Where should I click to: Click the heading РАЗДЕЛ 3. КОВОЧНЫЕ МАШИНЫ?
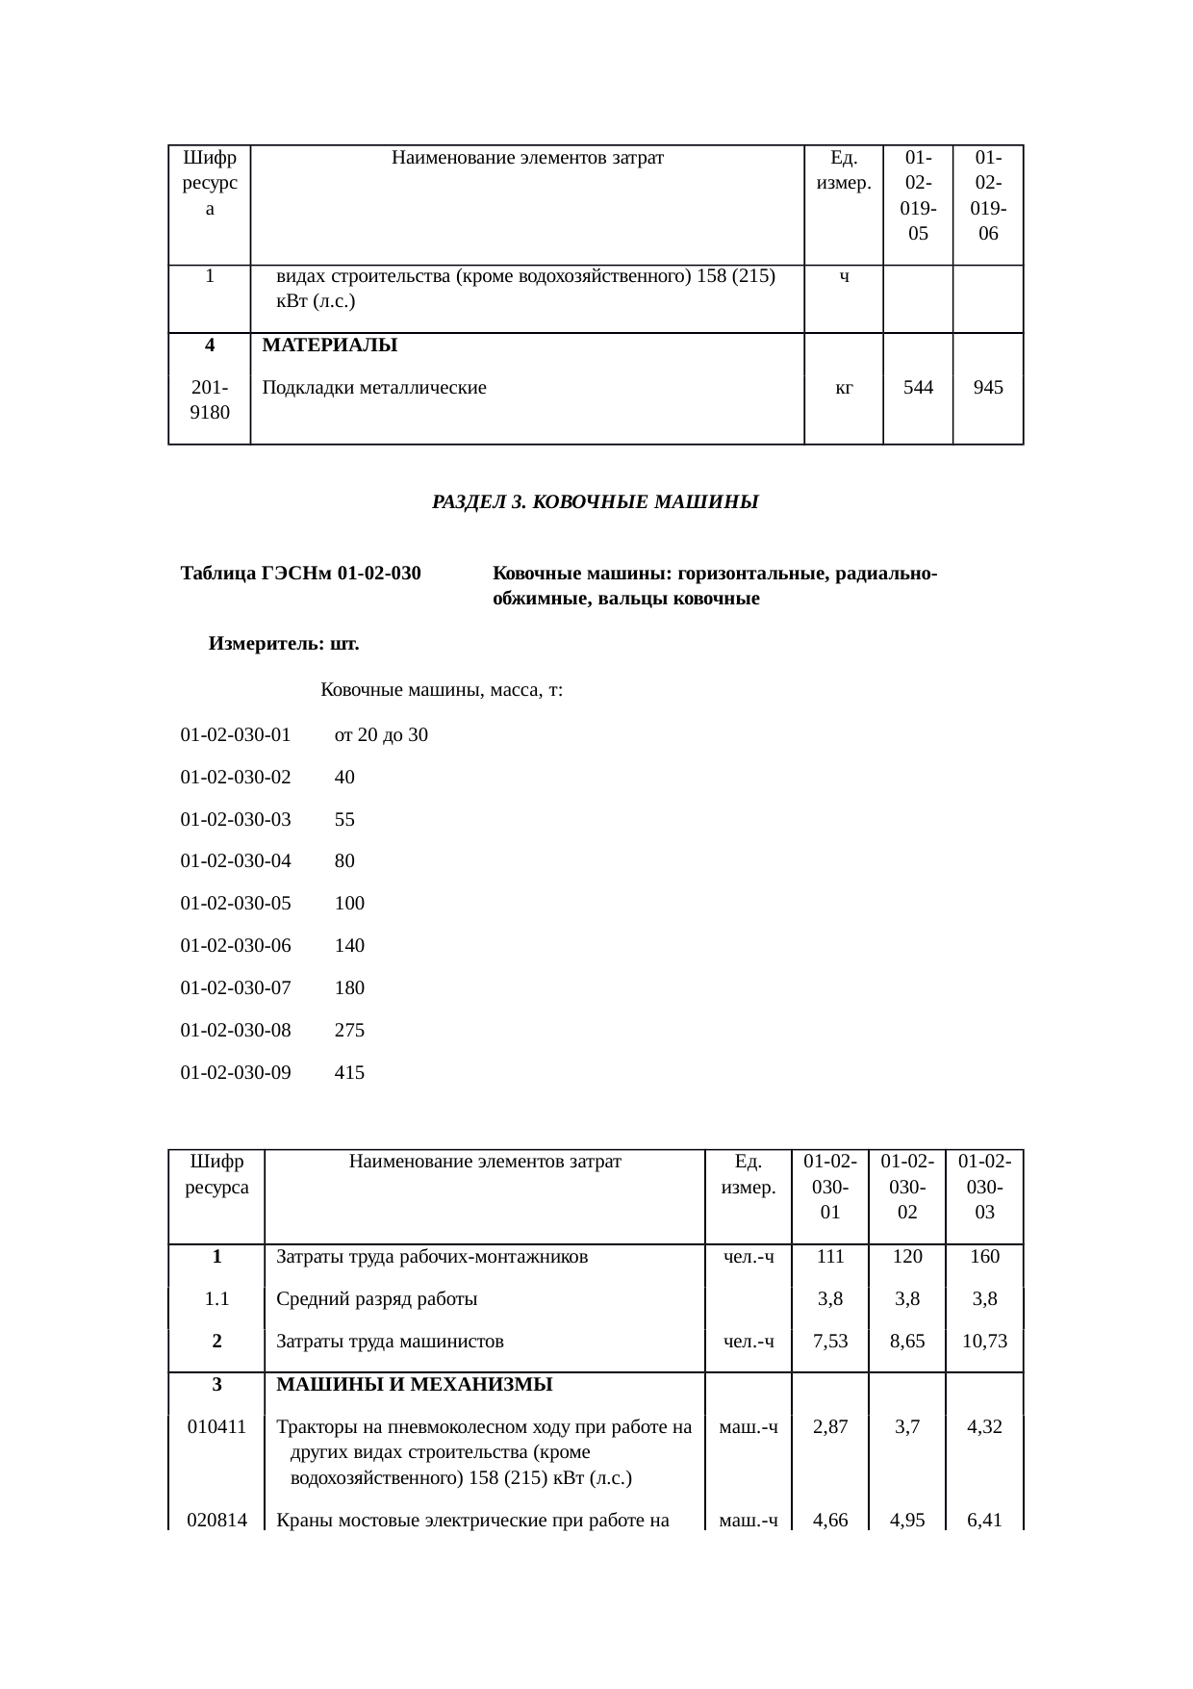[595, 502]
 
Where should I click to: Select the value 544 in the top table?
[918, 388]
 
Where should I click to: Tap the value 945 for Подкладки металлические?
[988, 388]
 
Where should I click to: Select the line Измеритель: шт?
[284, 645]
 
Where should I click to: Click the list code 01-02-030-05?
[236, 904]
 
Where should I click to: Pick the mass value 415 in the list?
[349, 1072]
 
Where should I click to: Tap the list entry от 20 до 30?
[381, 735]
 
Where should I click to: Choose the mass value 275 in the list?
[349, 1030]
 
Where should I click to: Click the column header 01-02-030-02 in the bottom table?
[906, 1187]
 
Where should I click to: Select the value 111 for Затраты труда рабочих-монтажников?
[829, 1256]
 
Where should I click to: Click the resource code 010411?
[216, 1427]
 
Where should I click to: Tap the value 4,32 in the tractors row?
[984, 1427]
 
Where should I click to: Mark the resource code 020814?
[216, 1521]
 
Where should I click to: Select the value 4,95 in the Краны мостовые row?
[907, 1521]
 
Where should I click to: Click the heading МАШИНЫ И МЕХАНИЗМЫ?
[414, 1385]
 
